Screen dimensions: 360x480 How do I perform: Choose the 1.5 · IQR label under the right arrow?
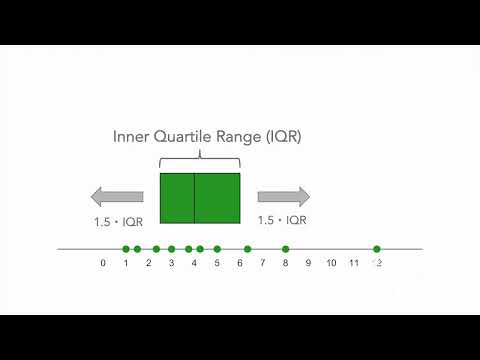tap(282, 219)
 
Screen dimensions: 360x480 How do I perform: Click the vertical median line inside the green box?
tap(194, 198)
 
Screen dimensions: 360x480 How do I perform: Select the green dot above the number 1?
tap(126, 249)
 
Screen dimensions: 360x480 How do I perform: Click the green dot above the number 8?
tap(286, 249)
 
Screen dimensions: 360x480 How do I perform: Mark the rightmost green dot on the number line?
tap(377, 249)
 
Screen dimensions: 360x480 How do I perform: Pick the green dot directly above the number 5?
tap(217, 249)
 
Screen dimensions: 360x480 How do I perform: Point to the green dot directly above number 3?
tap(172, 249)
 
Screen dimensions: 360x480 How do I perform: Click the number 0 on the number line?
tap(103, 264)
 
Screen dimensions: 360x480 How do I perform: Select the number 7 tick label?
tap(263, 264)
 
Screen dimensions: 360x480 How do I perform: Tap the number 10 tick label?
tap(331, 264)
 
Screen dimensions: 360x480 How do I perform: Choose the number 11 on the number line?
tap(354, 264)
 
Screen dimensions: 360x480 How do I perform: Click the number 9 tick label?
tap(308, 264)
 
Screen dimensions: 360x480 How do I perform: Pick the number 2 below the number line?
tap(149, 264)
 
